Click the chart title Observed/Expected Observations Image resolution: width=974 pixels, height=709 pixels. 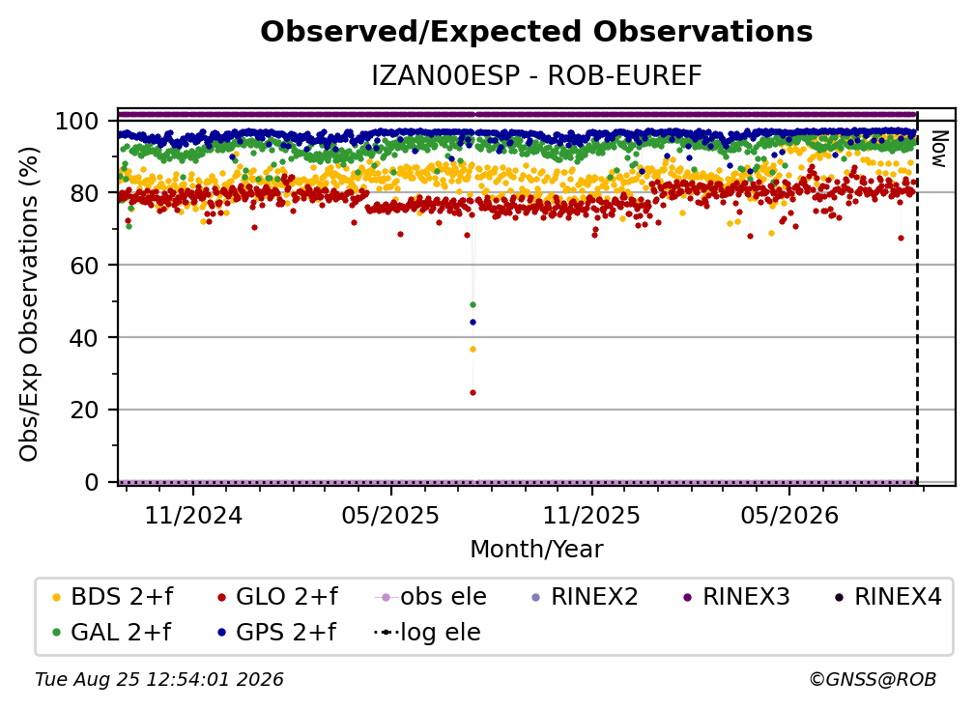(536, 32)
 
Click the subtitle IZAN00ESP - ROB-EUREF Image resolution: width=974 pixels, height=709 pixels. (536, 76)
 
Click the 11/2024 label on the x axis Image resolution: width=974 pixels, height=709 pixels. (193, 515)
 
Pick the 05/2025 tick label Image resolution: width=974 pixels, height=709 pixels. (390, 515)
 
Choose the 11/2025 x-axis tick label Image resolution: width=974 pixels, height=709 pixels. (591, 515)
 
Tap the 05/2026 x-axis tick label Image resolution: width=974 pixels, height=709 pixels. (789, 515)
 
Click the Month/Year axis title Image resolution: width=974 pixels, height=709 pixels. (536, 550)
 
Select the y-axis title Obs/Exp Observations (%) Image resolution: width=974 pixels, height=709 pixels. (29, 304)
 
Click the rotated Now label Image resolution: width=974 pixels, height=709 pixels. (938, 149)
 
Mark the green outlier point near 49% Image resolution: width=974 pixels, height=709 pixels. (473, 305)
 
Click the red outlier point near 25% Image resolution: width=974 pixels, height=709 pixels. (473, 392)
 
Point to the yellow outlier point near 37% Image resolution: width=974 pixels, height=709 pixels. (473, 350)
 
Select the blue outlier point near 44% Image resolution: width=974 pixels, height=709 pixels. (473, 323)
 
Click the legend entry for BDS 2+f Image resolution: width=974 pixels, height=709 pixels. (113, 597)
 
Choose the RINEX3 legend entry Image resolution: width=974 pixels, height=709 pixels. (736, 597)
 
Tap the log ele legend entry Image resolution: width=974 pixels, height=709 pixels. (427, 633)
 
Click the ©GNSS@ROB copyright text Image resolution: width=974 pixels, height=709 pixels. (873, 680)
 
